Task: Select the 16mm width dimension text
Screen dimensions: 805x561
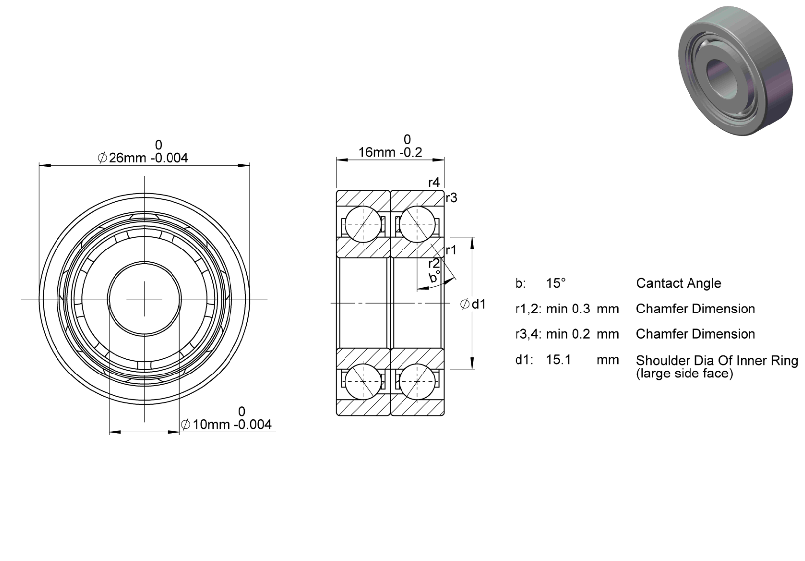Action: pyautogui.click(x=390, y=152)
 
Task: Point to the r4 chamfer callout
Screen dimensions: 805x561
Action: pyautogui.click(x=434, y=183)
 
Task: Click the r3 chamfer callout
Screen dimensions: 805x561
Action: pyautogui.click(x=452, y=198)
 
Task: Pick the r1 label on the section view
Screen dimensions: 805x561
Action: pyautogui.click(x=451, y=250)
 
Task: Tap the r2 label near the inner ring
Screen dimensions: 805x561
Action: pyautogui.click(x=434, y=263)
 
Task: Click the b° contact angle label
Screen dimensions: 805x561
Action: pyautogui.click(x=434, y=277)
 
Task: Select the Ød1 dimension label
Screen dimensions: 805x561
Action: pyautogui.click(x=473, y=304)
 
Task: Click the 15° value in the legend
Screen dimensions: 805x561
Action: pyautogui.click(x=556, y=283)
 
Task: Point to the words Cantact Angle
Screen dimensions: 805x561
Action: pyautogui.click(x=679, y=283)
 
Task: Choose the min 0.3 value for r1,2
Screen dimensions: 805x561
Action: pyautogui.click(x=568, y=309)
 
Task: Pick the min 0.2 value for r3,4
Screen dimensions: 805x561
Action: pyautogui.click(x=568, y=334)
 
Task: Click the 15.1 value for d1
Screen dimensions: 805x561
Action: pyautogui.click(x=559, y=360)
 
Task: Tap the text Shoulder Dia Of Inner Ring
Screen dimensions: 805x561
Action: pyautogui.click(x=717, y=360)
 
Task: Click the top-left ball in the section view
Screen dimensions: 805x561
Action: pyautogui.click(x=363, y=224)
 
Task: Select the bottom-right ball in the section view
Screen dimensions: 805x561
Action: pyautogui.click(x=417, y=381)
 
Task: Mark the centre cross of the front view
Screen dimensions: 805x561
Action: pyautogui.click(x=144, y=299)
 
